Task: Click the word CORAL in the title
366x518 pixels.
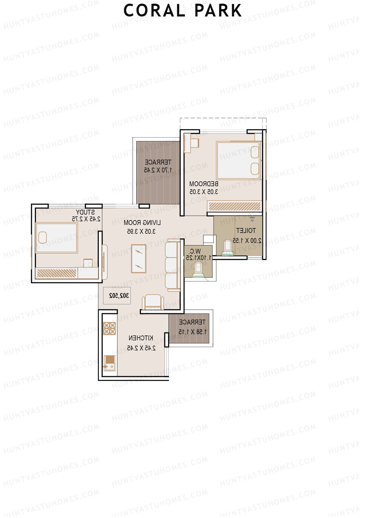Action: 154,11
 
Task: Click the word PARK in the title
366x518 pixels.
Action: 218,11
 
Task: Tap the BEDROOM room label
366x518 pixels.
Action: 204,184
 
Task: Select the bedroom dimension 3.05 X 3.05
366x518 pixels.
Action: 204,192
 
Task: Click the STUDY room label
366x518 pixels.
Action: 85,212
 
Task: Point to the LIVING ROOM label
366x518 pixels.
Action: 142,223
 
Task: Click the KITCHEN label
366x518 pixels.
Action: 141,338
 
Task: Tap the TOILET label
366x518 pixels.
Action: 246,230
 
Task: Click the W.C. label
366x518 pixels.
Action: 195,251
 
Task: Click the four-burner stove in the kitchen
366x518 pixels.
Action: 109,328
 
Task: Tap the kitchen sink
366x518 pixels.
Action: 109,363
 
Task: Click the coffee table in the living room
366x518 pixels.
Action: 139,258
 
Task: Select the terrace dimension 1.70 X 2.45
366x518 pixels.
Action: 158,170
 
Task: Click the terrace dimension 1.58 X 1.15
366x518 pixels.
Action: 192,331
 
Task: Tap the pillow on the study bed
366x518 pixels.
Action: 43,237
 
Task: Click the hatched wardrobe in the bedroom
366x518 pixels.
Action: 235,206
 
